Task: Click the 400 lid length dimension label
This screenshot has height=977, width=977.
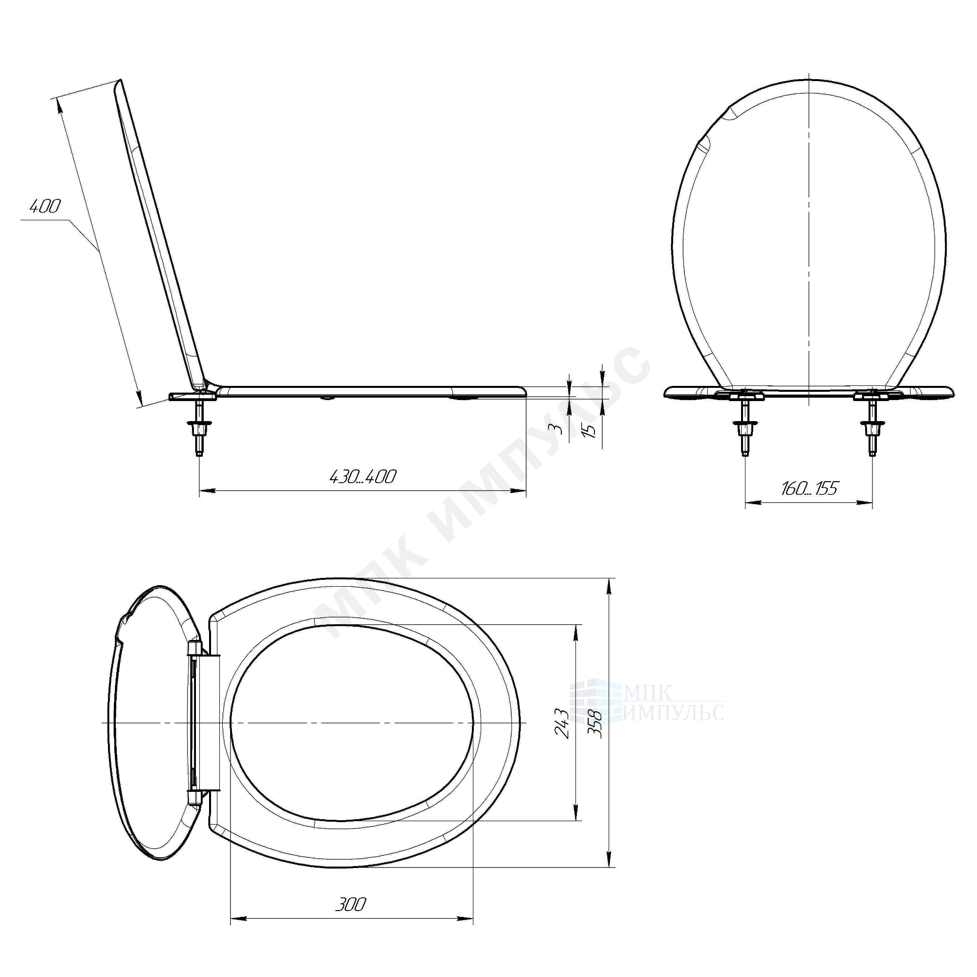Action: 45,206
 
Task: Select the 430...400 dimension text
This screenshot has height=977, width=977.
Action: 362,476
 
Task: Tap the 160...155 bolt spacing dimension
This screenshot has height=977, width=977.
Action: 809,488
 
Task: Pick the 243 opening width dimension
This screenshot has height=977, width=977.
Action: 563,723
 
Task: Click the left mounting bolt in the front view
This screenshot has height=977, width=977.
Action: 744,426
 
